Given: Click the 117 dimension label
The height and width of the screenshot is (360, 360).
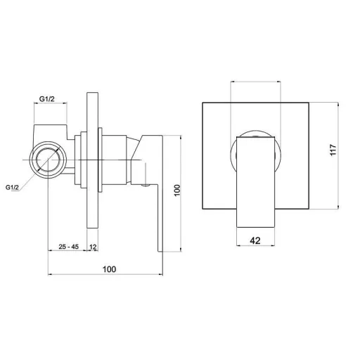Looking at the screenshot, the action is click(x=333, y=150).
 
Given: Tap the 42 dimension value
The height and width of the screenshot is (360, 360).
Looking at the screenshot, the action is click(x=255, y=240).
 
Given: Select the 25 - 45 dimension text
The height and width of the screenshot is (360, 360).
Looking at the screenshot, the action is click(x=69, y=247).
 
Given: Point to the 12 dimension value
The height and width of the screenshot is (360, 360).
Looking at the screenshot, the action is click(x=93, y=247).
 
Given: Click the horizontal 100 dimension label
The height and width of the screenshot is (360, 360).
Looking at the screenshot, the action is click(x=109, y=269).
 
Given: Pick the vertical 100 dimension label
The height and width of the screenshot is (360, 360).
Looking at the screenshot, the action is click(x=177, y=191).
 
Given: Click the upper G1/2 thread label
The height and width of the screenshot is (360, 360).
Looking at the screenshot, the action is click(x=47, y=99).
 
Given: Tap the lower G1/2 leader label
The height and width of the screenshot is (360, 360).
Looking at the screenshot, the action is click(x=12, y=188).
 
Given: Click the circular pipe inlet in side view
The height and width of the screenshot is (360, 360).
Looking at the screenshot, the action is click(x=48, y=160).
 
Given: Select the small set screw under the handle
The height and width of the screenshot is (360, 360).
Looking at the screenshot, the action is click(x=146, y=186).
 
